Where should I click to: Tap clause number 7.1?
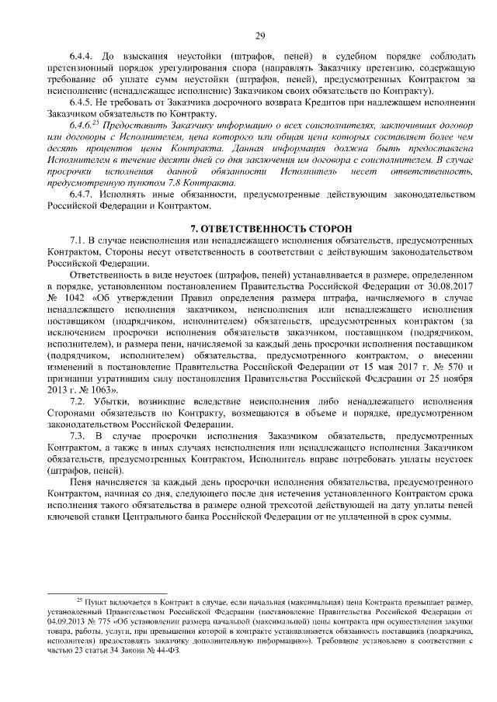78,242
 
